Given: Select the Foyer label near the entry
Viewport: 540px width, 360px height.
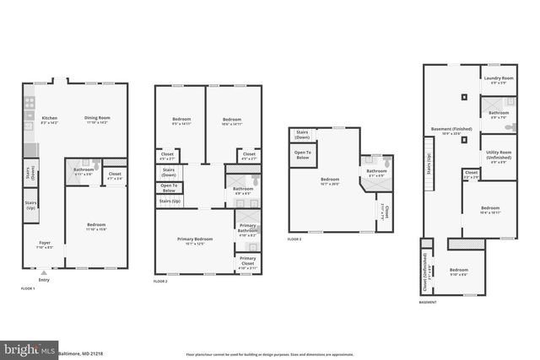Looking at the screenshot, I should point(44,245).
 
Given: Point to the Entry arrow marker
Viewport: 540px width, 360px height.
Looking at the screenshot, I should point(44,272).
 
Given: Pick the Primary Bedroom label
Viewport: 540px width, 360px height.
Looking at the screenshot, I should point(195,241).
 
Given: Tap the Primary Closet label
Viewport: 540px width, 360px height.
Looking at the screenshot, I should point(247,264).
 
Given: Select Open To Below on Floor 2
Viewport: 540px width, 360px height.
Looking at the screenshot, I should point(169,187).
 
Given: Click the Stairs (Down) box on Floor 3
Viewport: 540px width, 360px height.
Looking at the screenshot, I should point(302,135).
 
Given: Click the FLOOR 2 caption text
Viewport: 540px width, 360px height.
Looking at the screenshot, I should point(160,280).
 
